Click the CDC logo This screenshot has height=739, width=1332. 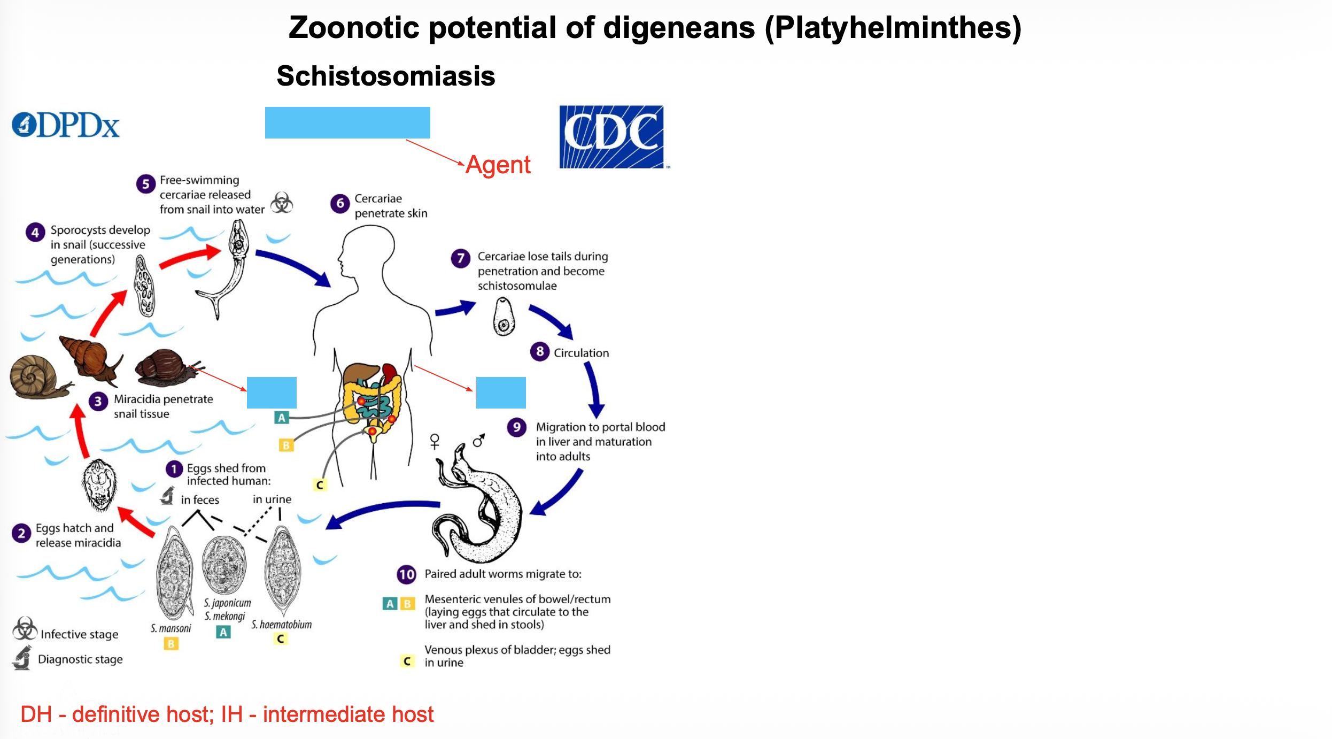point(611,137)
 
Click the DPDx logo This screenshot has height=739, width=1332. point(66,126)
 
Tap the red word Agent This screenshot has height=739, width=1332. point(498,165)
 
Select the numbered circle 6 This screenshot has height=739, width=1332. point(340,204)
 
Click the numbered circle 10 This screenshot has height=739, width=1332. point(407,574)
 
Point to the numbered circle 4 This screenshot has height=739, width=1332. point(35,232)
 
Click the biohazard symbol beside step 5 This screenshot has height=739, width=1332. point(282,203)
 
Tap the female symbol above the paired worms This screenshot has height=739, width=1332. point(435,441)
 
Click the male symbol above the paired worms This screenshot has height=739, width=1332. point(479,440)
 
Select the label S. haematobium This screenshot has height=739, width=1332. point(282,625)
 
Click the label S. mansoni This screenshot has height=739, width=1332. point(171,628)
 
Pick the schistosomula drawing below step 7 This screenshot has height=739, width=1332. point(504,317)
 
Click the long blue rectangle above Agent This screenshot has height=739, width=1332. point(347,122)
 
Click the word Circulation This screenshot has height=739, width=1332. point(581,353)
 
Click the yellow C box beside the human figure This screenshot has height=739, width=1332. point(320,485)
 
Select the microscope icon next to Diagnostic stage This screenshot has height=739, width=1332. point(22,658)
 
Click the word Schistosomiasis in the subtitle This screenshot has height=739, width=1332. point(385,76)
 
